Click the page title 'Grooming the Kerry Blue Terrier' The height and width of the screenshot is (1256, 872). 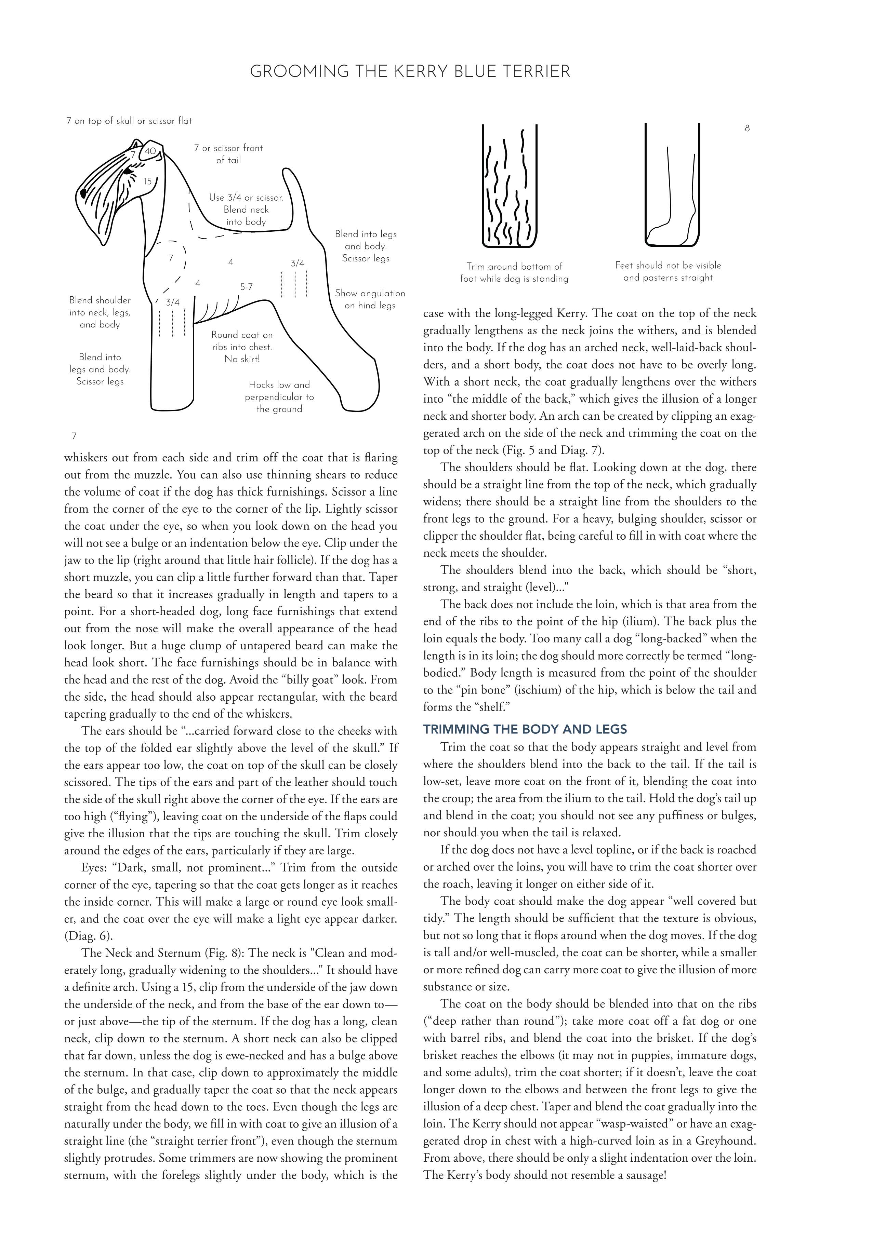pyautogui.click(x=410, y=71)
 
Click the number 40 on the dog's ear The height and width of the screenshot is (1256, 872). pyautogui.click(x=150, y=151)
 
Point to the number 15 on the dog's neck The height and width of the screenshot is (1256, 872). pyautogui.click(x=147, y=181)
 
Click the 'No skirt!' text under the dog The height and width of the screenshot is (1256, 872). pyautogui.click(x=242, y=359)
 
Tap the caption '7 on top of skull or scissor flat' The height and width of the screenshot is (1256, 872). pyautogui.click(x=129, y=121)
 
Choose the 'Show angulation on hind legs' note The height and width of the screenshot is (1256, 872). pyautogui.click(x=370, y=299)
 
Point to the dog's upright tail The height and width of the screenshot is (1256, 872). pyautogui.click(x=295, y=197)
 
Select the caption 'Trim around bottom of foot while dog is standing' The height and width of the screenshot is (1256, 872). pyautogui.click(x=514, y=272)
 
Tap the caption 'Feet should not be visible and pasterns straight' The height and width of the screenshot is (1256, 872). pyautogui.click(x=668, y=271)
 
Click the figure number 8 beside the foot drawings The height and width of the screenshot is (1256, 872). pyautogui.click(x=747, y=128)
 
